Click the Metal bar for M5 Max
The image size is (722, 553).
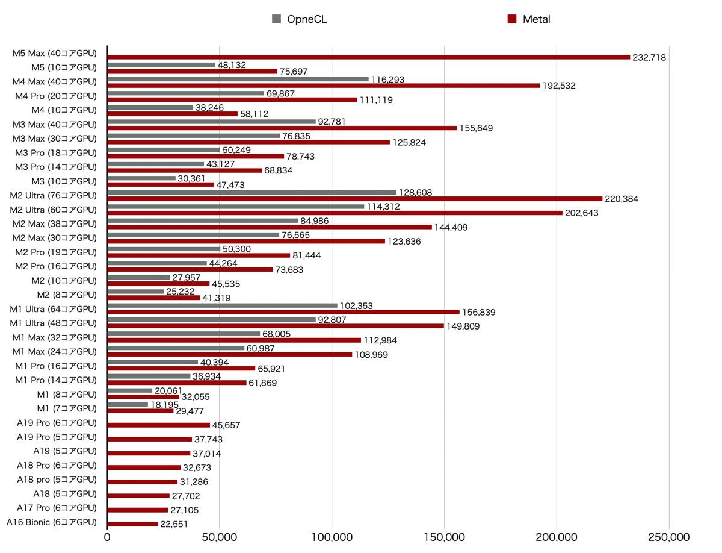pyautogui.click(x=368, y=57)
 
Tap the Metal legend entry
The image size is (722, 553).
pyautogui.click(x=529, y=19)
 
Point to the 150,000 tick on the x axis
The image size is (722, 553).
pyautogui.click(x=445, y=537)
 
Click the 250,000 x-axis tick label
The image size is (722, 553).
pyautogui.click(x=669, y=537)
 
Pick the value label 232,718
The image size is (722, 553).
pyautogui.click(x=649, y=58)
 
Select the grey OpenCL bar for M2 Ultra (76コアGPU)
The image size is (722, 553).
pyautogui.click(x=251, y=193)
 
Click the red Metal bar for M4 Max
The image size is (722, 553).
pyautogui.click(x=323, y=86)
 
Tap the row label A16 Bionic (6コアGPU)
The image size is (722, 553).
pyautogui.click(x=52, y=522)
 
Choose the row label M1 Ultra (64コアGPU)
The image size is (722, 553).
pyautogui.click(x=54, y=309)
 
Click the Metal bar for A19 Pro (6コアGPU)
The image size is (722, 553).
pyautogui.click(x=158, y=425)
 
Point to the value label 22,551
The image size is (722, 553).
pyautogui.click(x=174, y=525)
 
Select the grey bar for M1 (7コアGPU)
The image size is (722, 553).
pyautogui.click(x=128, y=405)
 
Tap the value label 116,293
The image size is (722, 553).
pyautogui.click(x=389, y=80)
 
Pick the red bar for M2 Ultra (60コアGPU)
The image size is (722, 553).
pyautogui.click(x=335, y=213)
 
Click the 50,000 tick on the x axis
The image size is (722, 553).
pyautogui.click(x=220, y=537)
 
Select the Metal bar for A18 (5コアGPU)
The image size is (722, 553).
pyautogui.click(x=138, y=496)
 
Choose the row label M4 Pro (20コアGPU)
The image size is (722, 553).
pyautogui.click(x=56, y=96)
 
